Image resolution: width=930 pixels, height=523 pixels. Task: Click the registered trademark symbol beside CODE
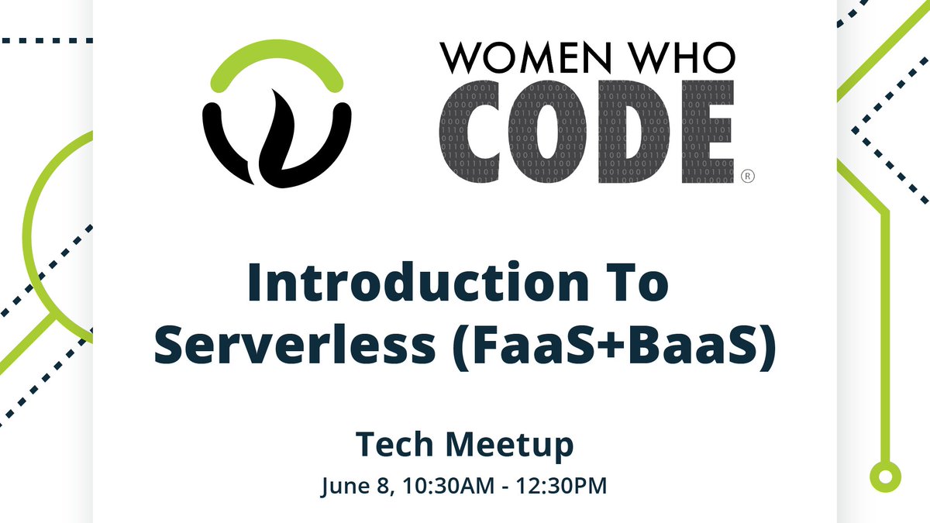tap(748, 177)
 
